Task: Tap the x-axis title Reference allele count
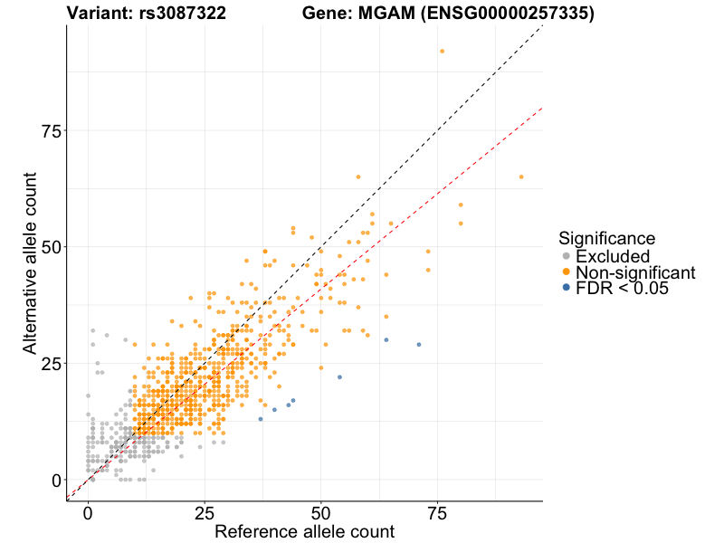tap(304, 531)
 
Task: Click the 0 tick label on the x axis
tap(88, 513)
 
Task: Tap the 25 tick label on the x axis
tap(205, 513)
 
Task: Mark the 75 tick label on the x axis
tap(437, 513)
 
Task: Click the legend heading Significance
tap(606, 238)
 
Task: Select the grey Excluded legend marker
tap(567, 256)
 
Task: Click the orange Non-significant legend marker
tap(567, 271)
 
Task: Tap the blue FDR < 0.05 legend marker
tap(567, 287)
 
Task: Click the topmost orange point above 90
tap(442, 51)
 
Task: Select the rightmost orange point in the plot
tap(521, 176)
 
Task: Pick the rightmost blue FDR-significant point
tap(419, 345)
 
